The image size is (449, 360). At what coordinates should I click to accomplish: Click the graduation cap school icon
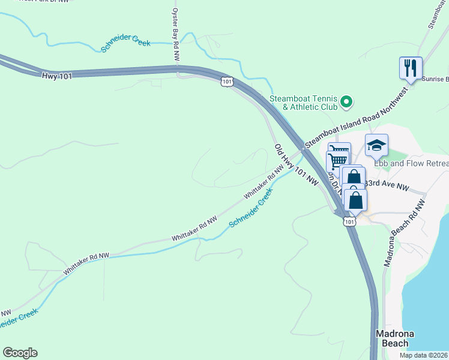point(376,145)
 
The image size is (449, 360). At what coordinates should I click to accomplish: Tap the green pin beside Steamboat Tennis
point(346,103)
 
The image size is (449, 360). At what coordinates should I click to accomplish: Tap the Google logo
point(20,353)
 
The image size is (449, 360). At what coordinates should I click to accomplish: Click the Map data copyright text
point(423,355)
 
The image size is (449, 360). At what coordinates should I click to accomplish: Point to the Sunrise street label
point(435,79)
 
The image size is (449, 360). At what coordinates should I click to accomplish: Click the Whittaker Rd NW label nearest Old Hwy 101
point(263,185)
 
